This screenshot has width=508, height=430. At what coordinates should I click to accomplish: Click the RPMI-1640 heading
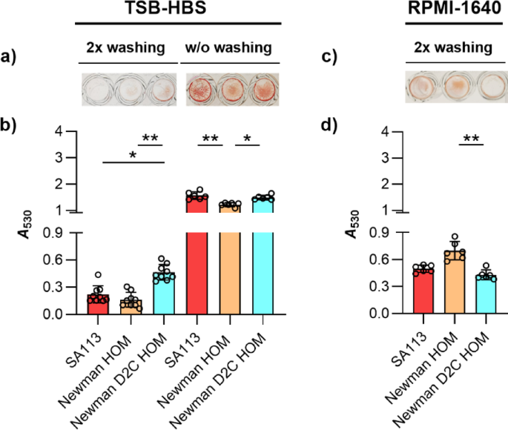click(x=454, y=10)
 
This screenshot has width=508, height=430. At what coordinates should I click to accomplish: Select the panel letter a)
click(x=15, y=55)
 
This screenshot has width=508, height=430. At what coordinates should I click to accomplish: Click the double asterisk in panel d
click(x=471, y=139)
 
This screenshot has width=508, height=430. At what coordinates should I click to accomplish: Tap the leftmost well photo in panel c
click(x=421, y=86)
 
